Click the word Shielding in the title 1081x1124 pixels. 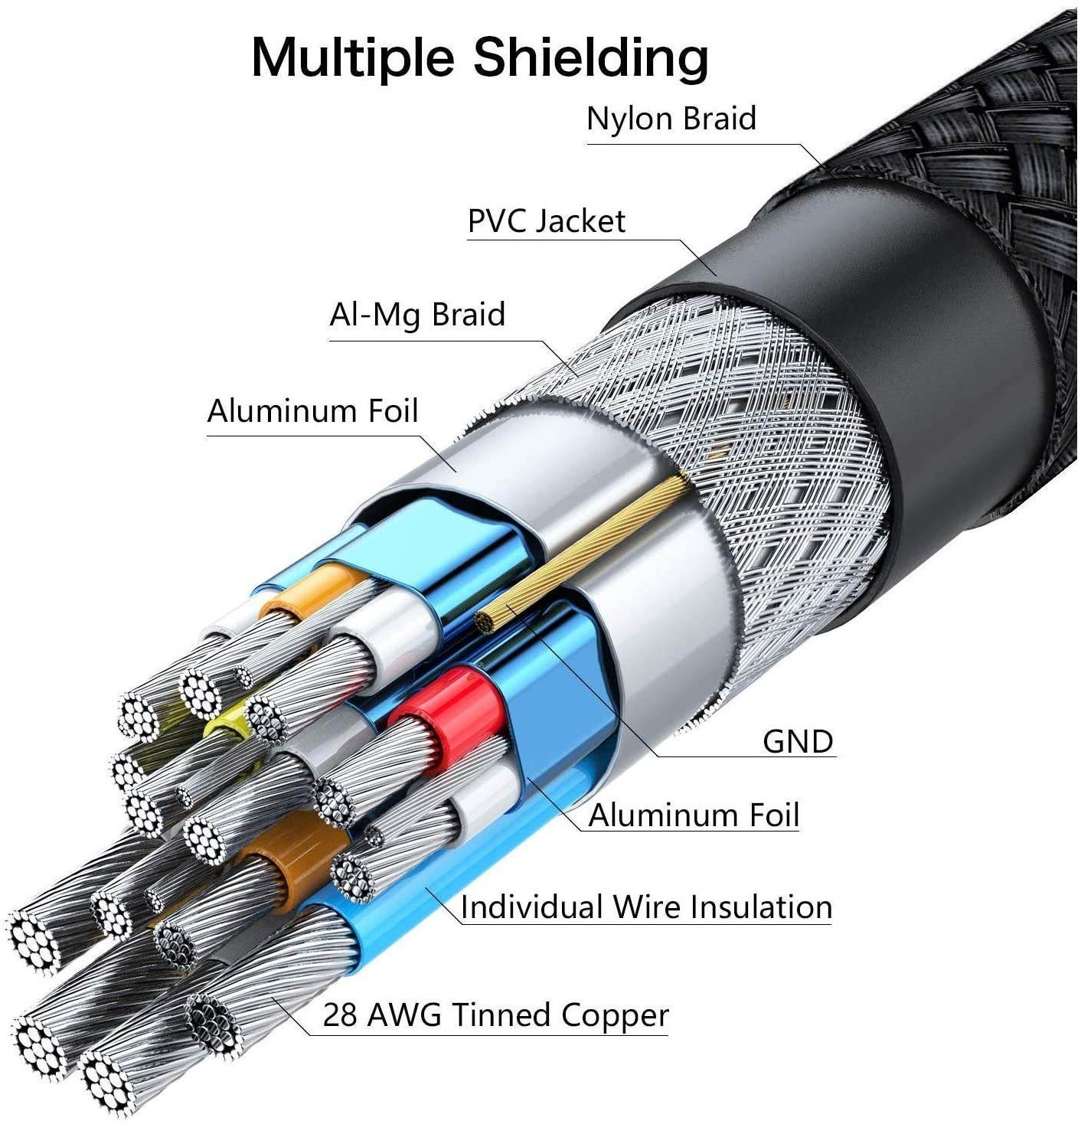coord(590,57)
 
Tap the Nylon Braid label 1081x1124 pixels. coord(671,119)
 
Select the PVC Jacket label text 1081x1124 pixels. coord(546,221)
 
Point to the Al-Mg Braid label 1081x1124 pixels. coord(417,315)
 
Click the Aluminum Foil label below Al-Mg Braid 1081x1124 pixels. coord(312,411)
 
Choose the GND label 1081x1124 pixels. coord(797,741)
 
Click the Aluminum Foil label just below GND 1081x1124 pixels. coord(694,815)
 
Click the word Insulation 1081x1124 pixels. coord(760,907)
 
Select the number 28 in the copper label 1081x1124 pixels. coord(340,1016)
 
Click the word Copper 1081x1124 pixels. coord(614,1016)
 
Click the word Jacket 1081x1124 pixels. coord(580,221)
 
